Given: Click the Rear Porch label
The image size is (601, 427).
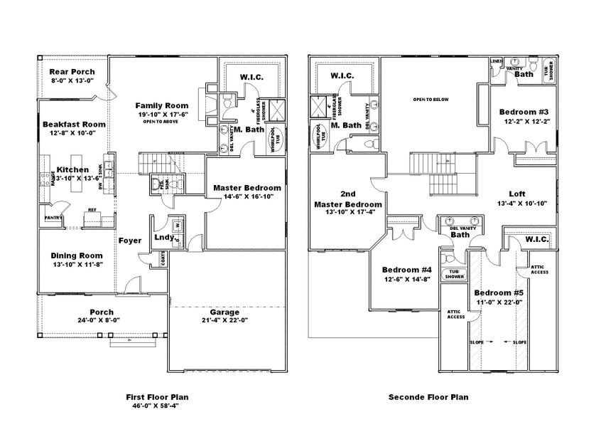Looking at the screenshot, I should (x=72, y=71).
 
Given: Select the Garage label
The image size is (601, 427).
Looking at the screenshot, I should (x=224, y=312).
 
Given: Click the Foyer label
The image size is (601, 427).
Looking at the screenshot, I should (x=130, y=240).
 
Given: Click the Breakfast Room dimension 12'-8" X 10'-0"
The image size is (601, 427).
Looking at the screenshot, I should (x=72, y=133).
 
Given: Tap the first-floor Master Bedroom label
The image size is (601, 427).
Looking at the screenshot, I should (x=247, y=188).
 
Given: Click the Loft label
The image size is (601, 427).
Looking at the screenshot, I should (x=516, y=194).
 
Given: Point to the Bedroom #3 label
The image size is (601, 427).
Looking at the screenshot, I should (x=523, y=112).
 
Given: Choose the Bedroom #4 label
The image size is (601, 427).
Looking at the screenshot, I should (x=406, y=270).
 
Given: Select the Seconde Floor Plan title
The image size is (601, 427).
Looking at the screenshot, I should (x=428, y=397).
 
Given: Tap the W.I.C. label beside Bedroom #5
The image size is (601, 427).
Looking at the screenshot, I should (x=537, y=241).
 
